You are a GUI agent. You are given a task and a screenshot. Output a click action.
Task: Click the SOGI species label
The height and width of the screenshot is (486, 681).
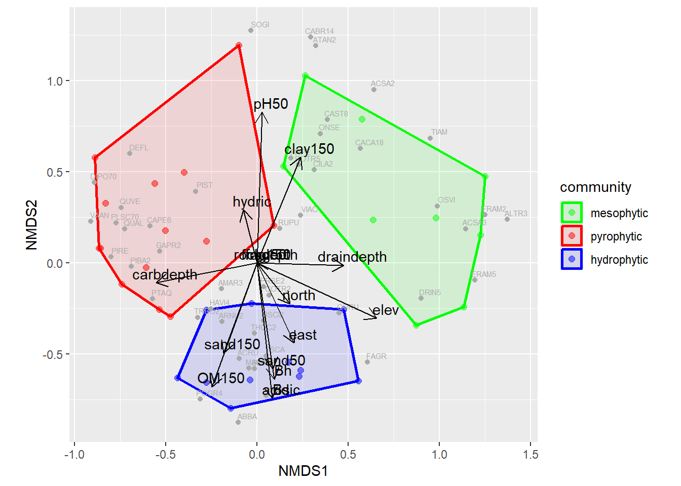click(260, 25)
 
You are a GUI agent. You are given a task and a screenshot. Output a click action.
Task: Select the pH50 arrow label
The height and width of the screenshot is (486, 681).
click(271, 104)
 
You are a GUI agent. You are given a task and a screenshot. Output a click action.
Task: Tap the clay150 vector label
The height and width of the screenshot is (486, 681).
click(309, 149)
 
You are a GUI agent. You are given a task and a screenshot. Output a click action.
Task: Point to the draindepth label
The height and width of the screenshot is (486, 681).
click(352, 257)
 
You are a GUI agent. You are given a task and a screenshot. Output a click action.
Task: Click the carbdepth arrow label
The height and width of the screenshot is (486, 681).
click(165, 275)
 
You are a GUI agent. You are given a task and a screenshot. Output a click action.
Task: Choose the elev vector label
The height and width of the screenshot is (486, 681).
click(386, 310)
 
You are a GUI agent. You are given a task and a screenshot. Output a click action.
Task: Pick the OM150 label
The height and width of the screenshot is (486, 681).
click(221, 378)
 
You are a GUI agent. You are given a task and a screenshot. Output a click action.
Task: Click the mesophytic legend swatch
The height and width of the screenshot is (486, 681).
click(572, 213)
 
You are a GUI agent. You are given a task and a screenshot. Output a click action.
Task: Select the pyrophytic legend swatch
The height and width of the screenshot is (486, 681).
click(572, 236)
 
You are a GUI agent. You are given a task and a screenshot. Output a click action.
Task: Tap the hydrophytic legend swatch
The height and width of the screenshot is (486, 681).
click(572, 259)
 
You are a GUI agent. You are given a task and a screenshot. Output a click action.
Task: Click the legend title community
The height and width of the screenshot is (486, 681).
click(595, 187)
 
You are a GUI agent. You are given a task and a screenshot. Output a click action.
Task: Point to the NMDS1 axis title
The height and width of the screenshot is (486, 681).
click(303, 471)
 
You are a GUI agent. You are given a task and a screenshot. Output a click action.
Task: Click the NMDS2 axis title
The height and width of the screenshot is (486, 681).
click(31, 225)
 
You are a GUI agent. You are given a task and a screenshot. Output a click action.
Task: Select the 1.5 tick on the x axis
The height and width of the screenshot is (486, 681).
click(531, 455)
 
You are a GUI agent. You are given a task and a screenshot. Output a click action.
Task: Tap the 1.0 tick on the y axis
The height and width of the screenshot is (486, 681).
click(55, 81)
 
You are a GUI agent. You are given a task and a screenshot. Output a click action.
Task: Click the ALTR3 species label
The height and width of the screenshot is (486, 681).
click(516, 214)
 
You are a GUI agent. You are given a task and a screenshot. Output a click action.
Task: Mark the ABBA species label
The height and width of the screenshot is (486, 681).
click(247, 417)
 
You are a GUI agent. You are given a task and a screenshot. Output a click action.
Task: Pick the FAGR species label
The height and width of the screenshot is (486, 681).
click(376, 356)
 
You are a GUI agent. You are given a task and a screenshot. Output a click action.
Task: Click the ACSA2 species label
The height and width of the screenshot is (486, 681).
click(383, 84)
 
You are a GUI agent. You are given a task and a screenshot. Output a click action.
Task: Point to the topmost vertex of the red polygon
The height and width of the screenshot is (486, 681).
click(239, 46)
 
